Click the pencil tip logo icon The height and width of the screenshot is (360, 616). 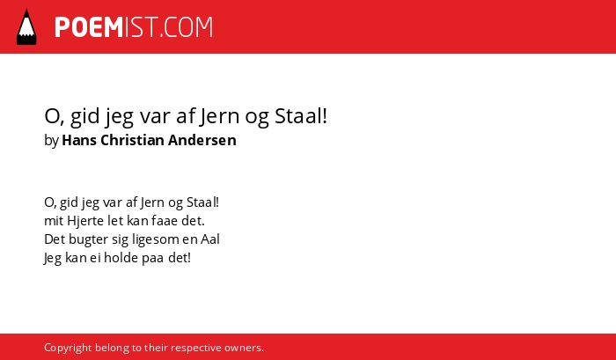(26, 26)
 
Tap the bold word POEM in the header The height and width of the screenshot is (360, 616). (89, 27)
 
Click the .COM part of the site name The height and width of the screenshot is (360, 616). (187, 27)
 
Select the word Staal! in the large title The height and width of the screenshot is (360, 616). (301, 116)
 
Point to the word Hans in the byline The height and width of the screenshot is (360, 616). (79, 140)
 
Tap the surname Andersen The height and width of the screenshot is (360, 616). (202, 140)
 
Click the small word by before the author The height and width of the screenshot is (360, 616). (51, 141)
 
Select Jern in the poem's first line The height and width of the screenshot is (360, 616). (152, 202)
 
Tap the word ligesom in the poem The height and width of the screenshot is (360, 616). (155, 239)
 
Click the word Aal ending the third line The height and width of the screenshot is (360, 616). (210, 239)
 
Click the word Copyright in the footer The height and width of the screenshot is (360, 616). (68, 349)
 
